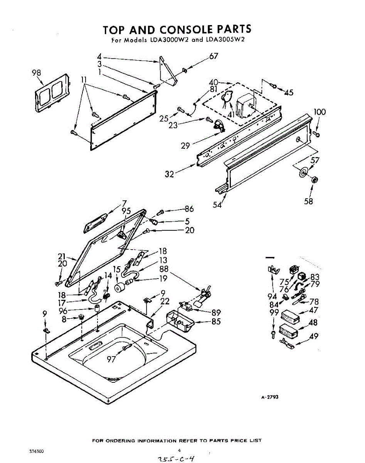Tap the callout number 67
(214, 56)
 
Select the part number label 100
(320, 112)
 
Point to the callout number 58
(308, 201)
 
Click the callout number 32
(170, 174)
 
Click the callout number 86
(189, 209)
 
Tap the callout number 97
(111, 359)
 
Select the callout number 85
(216, 321)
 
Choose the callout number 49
(314, 336)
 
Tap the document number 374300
(36, 451)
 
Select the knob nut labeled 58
(314, 180)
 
